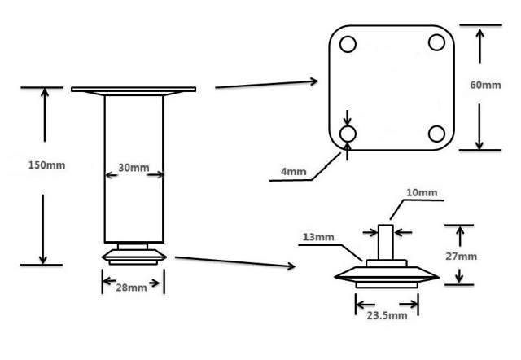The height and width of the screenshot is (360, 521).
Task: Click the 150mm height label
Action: pyautogui.click(x=46, y=165)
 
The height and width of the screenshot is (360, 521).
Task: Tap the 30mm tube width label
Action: pyautogui.click(x=134, y=169)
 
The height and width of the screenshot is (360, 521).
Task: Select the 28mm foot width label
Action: pyautogui.click(x=132, y=287)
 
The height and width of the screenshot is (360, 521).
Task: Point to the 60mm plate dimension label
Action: pyautogui.click(x=487, y=86)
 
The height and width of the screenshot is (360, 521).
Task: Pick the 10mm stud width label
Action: pyautogui.click(x=422, y=194)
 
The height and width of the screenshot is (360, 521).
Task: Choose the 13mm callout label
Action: pyautogui.click(x=318, y=237)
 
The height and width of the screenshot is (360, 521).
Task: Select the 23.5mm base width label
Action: pyautogui.click(x=387, y=315)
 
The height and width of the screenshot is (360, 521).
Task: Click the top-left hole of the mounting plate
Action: pyautogui.click(x=348, y=44)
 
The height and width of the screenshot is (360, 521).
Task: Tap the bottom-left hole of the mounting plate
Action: pyautogui.click(x=348, y=132)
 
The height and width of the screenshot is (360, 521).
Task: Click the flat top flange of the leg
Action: pyautogui.click(x=134, y=89)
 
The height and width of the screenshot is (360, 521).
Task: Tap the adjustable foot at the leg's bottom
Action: pyautogui.click(x=134, y=253)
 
